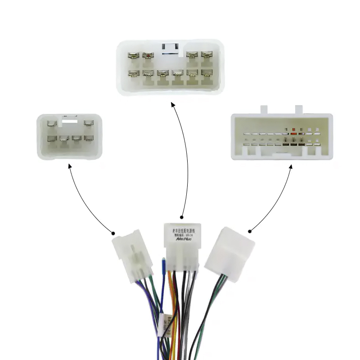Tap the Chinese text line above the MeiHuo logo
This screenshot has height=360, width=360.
(x=182, y=231)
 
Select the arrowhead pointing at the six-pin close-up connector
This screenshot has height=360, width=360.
(x=70, y=166)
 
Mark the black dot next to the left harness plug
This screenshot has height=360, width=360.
(x=113, y=233)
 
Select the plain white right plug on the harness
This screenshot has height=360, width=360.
(x=229, y=254)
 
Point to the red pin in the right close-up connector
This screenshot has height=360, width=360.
(x=293, y=134)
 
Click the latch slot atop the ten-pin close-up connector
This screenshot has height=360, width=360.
(x=171, y=47)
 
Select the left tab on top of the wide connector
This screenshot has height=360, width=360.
(x=264, y=109)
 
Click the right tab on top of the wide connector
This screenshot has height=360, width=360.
(x=299, y=109)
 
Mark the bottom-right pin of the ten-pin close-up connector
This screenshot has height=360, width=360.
(x=207, y=73)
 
